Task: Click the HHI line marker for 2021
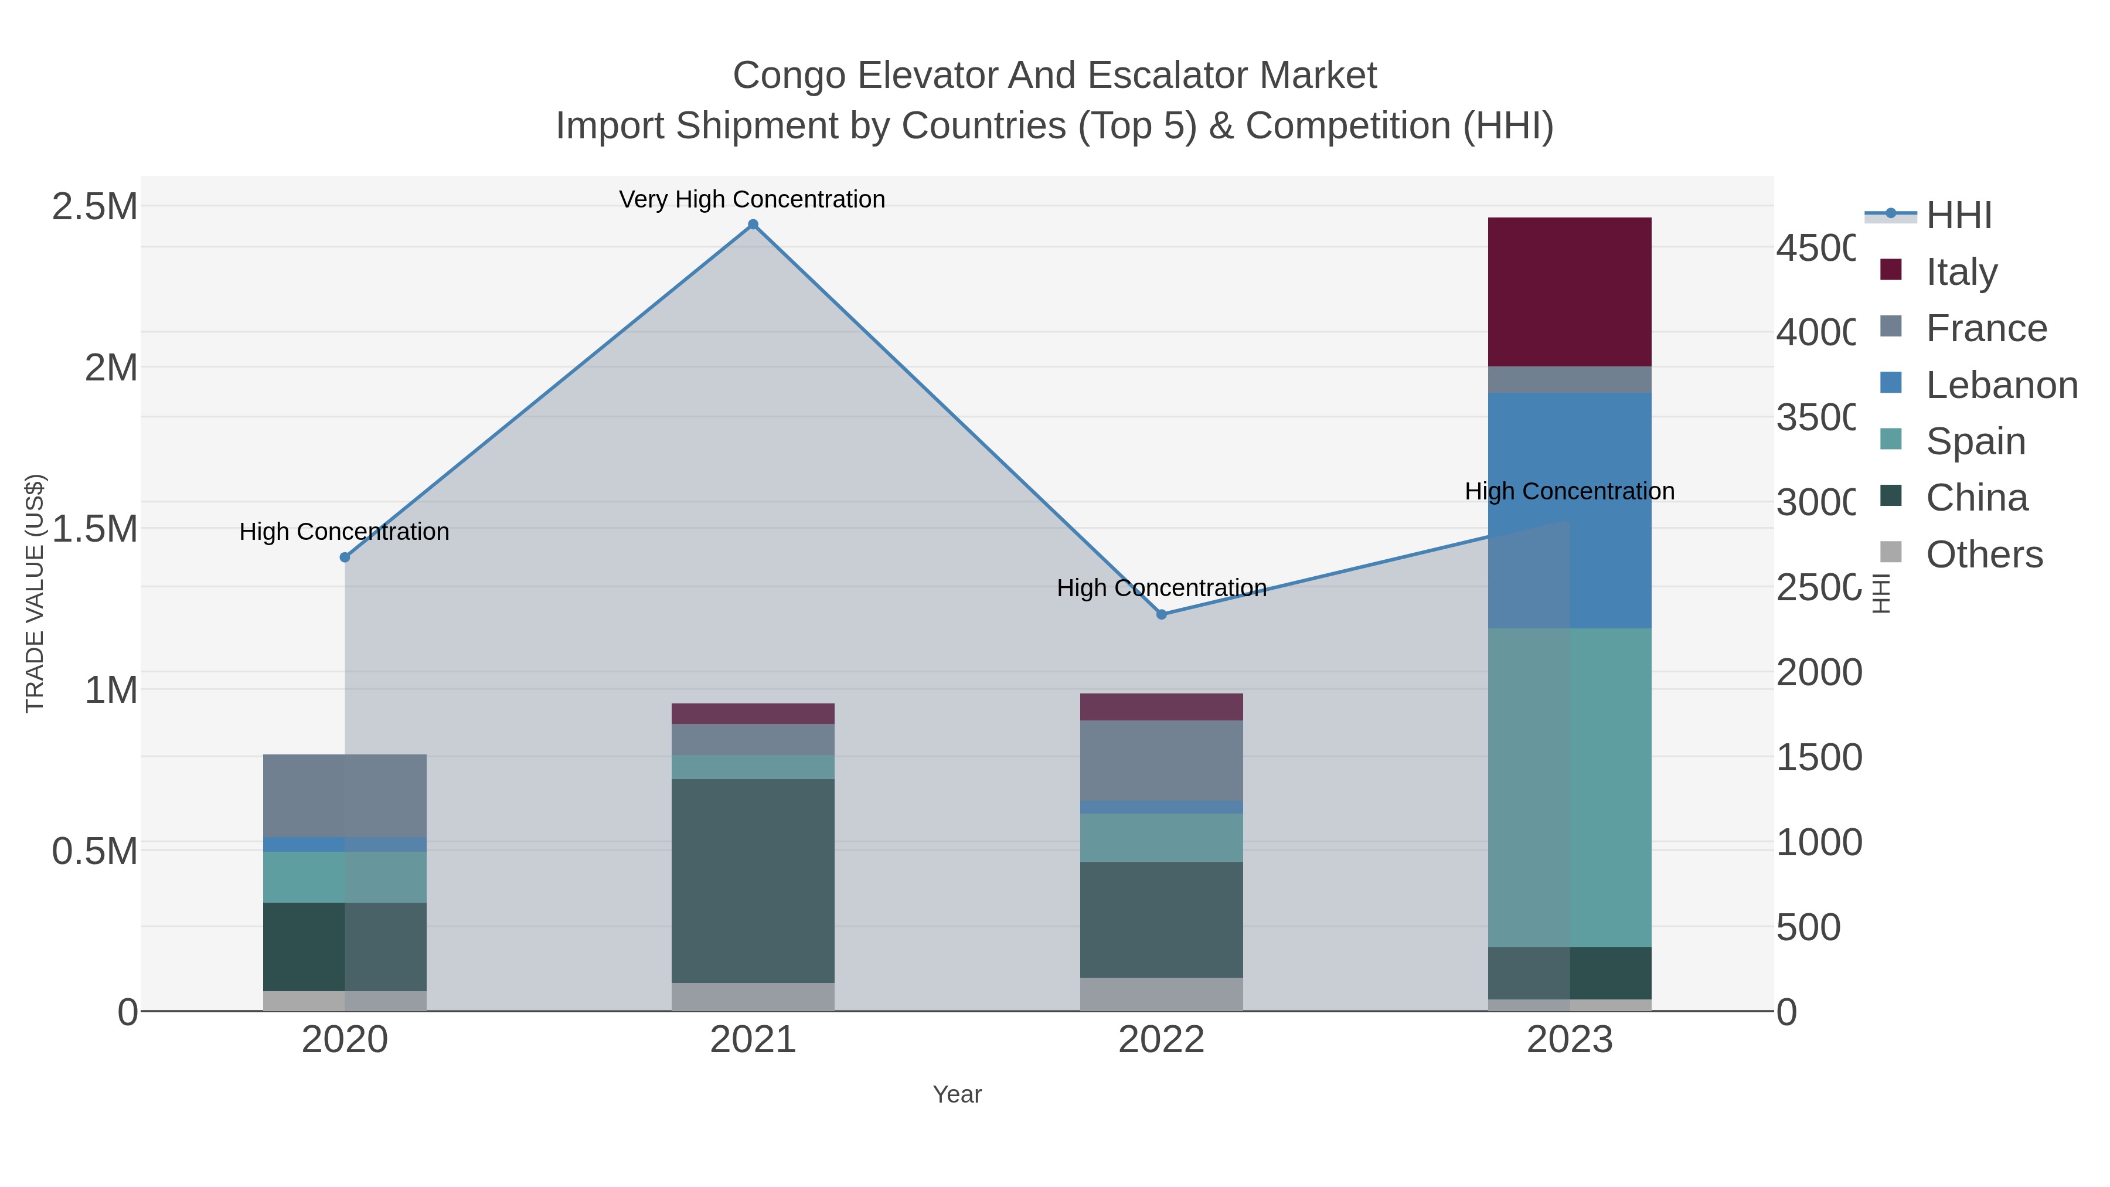753,225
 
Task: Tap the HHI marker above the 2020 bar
345,557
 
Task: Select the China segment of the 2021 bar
753,880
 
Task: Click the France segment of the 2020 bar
345,795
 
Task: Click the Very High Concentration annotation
752,199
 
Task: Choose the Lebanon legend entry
2001,385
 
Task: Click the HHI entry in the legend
1958,216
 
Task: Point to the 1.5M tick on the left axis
95,528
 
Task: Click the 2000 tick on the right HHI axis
1818,672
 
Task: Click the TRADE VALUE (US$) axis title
35,593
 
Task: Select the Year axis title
957,1094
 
